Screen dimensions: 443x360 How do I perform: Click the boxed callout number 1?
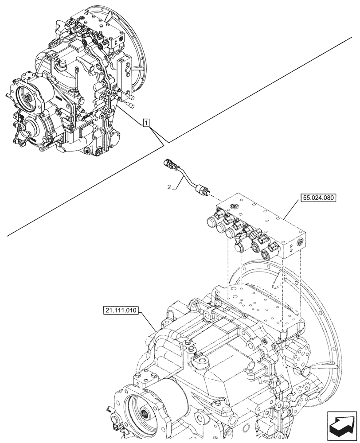click(x=147, y=122)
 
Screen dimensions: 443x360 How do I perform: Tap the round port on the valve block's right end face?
click(x=300, y=241)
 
